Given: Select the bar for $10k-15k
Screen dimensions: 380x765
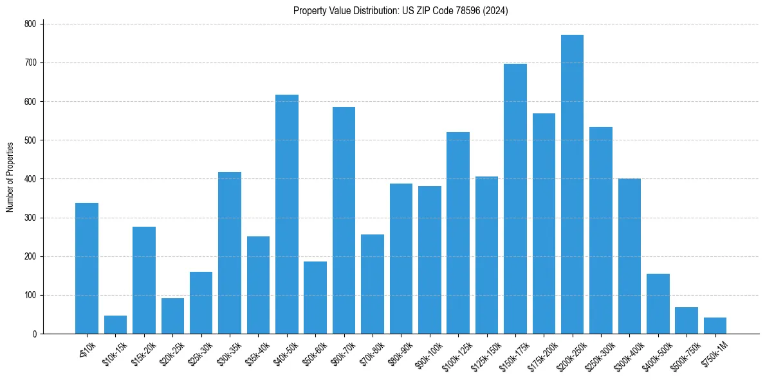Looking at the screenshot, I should (115, 325).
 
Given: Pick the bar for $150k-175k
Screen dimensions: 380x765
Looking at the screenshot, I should (515, 199).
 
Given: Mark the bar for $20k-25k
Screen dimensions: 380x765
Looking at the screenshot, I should (172, 316).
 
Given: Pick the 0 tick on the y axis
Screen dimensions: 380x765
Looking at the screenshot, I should (36, 334).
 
